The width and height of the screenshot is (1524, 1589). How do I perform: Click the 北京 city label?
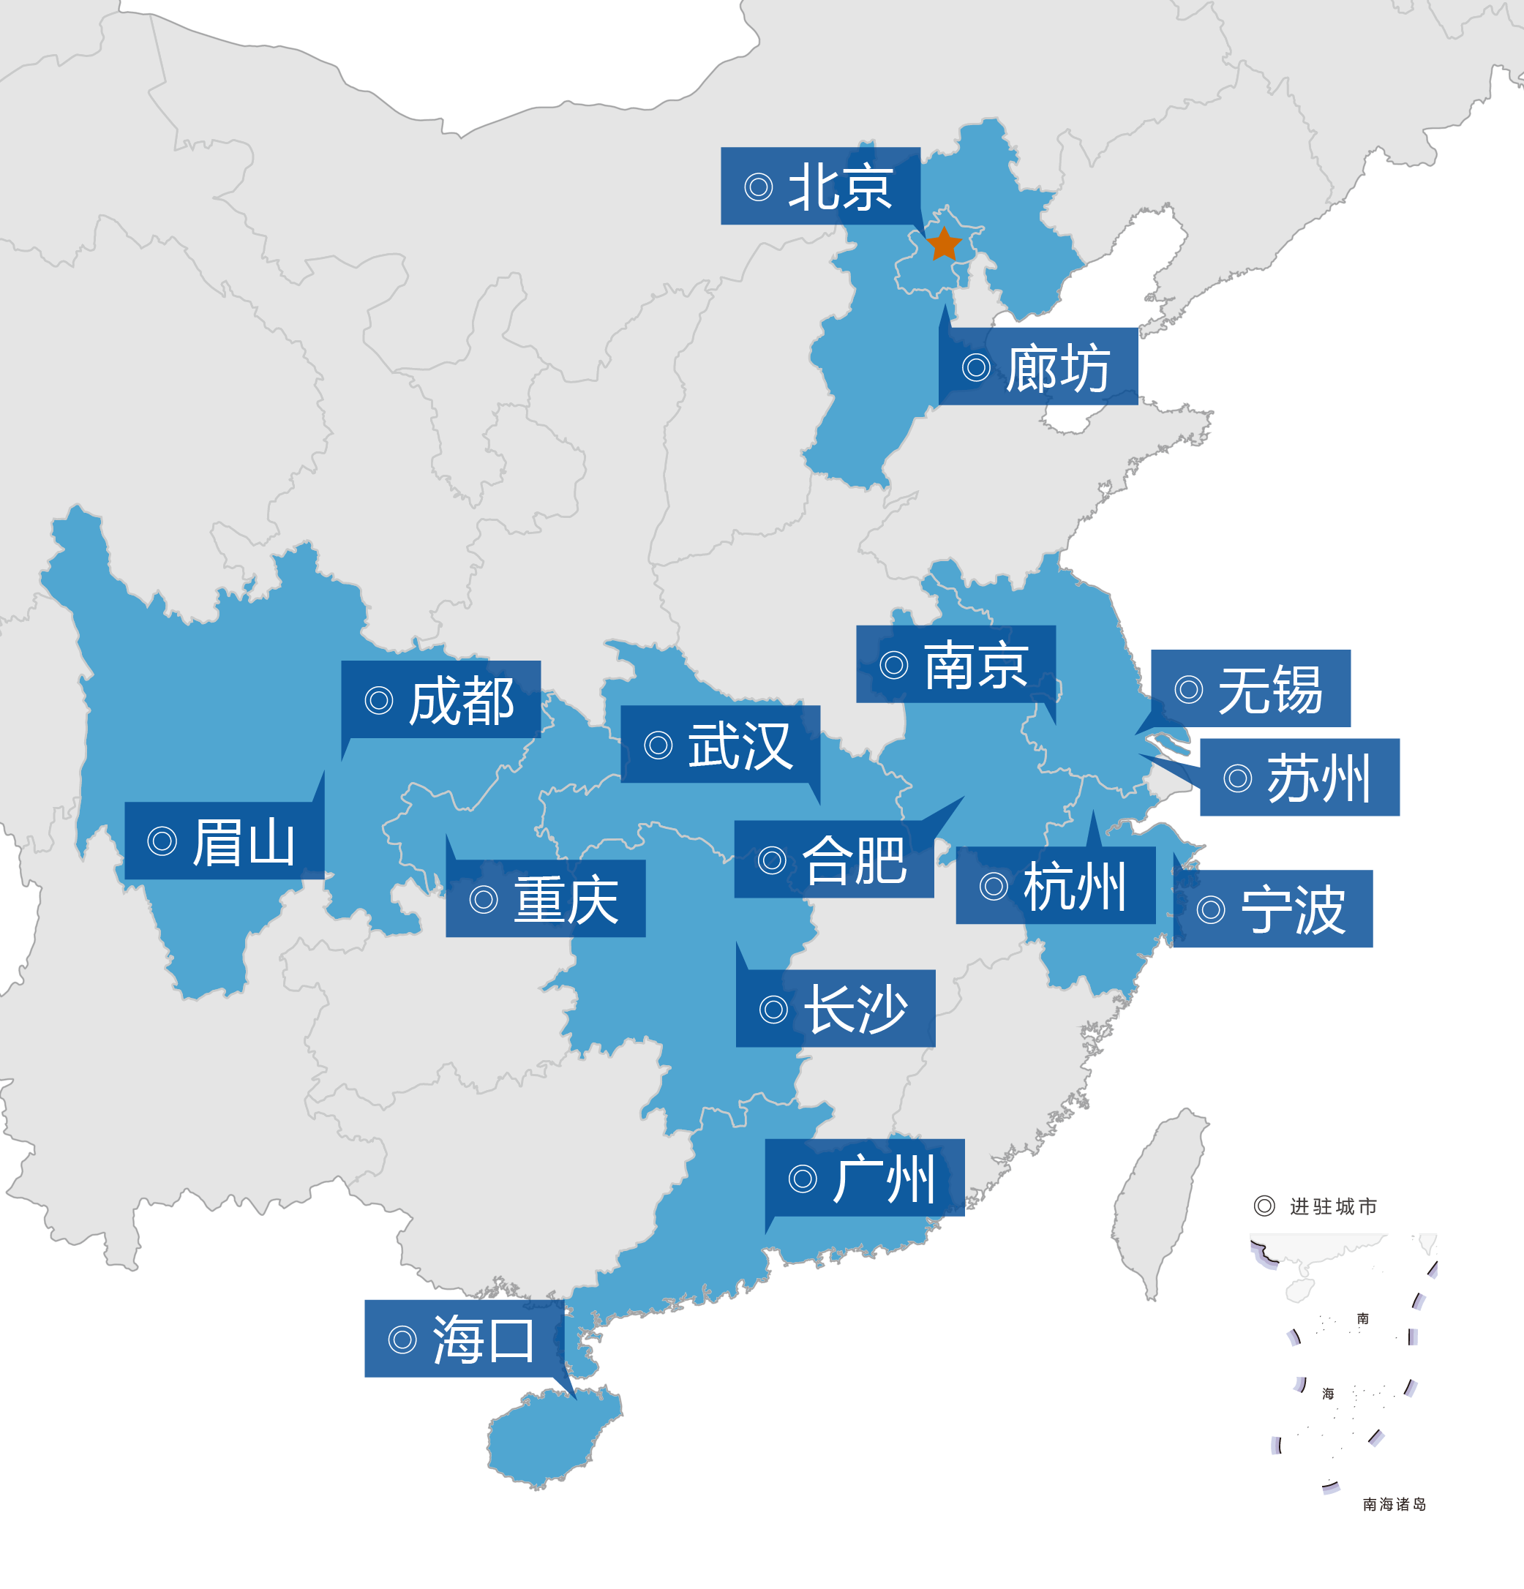(x=820, y=187)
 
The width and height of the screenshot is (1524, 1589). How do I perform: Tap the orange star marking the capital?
(x=944, y=244)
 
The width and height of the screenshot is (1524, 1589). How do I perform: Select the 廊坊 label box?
(x=1038, y=367)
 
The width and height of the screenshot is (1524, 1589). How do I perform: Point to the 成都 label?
(x=441, y=699)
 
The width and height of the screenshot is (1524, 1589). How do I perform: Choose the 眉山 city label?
(x=225, y=841)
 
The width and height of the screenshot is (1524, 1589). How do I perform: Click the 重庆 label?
(x=546, y=899)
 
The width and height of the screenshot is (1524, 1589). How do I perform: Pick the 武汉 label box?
(x=720, y=744)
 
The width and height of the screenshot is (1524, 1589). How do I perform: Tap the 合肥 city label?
(x=834, y=860)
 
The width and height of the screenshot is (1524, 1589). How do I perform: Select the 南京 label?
(x=956, y=664)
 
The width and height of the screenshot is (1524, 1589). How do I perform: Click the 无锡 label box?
(x=1251, y=688)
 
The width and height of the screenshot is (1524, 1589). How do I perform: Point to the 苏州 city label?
(x=1299, y=778)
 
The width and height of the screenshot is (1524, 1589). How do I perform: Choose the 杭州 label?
(x=1056, y=885)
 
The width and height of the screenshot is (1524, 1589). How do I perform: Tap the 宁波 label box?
(x=1273, y=909)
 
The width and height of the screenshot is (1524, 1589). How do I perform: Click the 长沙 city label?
(x=836, y=1009)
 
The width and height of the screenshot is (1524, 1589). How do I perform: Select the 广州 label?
(x=865, y=1178)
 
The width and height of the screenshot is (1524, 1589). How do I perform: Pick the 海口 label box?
(x=465, y=1339)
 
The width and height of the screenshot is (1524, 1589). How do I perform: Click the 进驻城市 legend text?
(x=1333, y=1206)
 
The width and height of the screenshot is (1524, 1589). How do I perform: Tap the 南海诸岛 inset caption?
(x=1394, y=1504)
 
